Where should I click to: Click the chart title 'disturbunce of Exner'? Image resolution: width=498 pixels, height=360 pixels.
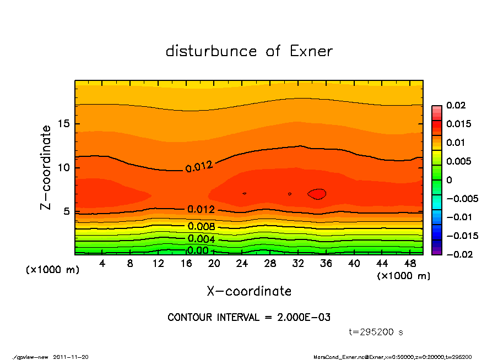[x=249, y=51]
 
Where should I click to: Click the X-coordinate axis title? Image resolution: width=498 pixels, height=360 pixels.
[x=249, y=291]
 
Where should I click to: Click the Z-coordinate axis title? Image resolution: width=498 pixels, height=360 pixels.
[x=46, y=167]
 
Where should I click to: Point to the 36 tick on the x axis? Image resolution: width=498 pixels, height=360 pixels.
[x=326, y=264]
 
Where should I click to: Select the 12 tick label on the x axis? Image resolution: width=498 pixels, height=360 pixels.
[x=158, y=264]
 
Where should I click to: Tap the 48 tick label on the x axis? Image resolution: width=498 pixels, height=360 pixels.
[x=409, y=264]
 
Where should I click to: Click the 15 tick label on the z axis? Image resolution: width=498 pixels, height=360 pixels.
[x=64, y=124]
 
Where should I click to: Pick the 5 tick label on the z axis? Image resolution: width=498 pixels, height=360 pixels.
[x=67, y=211]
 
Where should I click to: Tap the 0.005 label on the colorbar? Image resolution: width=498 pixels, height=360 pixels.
[x=458, y=161]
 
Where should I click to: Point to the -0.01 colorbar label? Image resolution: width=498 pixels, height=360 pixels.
[x=458, y=217]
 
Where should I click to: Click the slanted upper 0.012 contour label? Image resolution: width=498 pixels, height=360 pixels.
[x=199, y=166]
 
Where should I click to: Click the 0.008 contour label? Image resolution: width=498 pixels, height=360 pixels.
[x=201, y=226]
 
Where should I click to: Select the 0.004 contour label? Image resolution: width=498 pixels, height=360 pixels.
[x=201, y=239]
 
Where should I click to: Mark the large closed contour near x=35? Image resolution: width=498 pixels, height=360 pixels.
[x=317, y=194]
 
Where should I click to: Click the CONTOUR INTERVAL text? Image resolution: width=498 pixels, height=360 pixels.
[x=249, y=318]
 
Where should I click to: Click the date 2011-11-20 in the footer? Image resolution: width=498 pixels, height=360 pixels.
[x=71, y=357]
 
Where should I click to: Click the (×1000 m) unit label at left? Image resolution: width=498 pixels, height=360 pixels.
[x=50, y=270]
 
